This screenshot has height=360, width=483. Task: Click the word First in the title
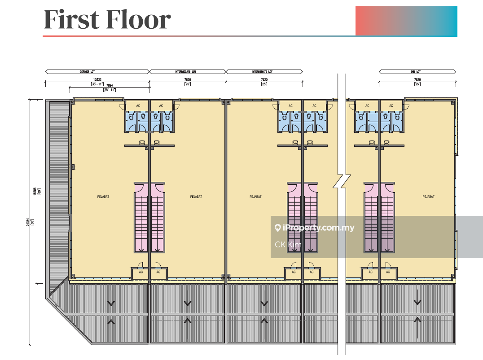point(70,19)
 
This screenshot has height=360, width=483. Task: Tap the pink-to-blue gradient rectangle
point(406,21)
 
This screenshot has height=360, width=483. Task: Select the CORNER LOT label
point(88,72)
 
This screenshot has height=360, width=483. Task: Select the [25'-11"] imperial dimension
point(110,90)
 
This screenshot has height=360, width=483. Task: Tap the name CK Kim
point(288,245)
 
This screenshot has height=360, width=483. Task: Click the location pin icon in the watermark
point(277,228)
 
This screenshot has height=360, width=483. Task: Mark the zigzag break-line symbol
point(342,181)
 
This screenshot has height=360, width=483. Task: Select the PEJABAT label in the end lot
point(428,197)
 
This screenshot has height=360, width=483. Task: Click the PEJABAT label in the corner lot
point(103,197)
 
